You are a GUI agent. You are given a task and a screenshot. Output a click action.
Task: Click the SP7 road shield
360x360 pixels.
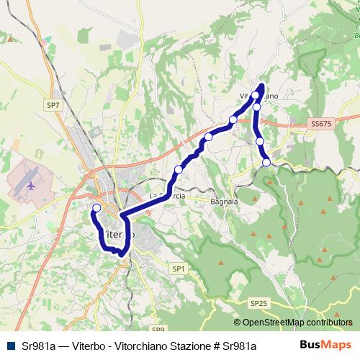pyautogui.click(x=53, y=105)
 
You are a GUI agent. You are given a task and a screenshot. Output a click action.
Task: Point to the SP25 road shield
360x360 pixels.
pyautogui.click(x=259, y=303)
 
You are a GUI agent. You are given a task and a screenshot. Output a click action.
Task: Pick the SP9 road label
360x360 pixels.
pyautogui.click(x=158, y=329)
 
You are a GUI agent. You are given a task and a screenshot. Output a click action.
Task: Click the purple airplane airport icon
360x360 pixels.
pyautogui.click(x=30, y=185)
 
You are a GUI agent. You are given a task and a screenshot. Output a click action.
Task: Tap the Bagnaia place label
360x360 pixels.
pyautogui.click(x=224, y=202)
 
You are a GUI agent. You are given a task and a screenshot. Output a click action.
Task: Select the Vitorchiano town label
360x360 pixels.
pyautogui.click(x=257, y=95)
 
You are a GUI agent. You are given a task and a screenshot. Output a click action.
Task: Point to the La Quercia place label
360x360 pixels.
pyautogui.click(x=167, y=195)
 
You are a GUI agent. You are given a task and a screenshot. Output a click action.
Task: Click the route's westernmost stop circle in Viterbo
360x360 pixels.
pyautogui.click(x=97, y=208)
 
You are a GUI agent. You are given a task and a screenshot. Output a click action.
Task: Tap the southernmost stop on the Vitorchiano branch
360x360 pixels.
pyautogui.click(x=266, y=163)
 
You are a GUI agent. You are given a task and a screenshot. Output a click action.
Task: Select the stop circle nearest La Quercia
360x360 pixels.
pyautogui.click(x=179, y=170)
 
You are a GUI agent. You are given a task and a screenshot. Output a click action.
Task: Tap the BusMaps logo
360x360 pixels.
pyautogui.click(x=325, y=345)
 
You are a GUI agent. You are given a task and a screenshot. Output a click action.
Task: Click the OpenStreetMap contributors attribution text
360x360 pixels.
pyautogui.click(x=293, y=323)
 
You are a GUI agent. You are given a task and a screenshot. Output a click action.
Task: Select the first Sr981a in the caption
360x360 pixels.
pyautogui.click(x=37, y=346)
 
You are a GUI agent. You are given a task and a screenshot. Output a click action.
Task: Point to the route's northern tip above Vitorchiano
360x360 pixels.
pyautogui.click(x=261, y=86)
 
